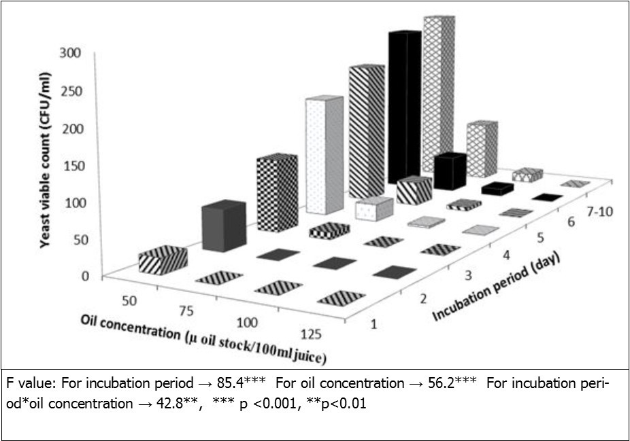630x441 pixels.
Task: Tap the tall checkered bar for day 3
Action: point(275,193)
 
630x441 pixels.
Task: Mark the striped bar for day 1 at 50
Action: point(163,260)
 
